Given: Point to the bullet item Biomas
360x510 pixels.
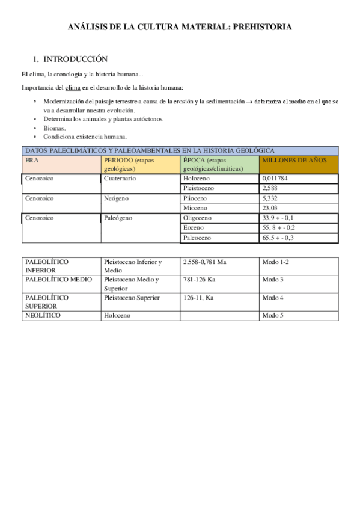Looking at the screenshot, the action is point(55,128).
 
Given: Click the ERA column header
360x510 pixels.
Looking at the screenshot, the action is point(31,161).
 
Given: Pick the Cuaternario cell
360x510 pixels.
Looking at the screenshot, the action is point(120,179).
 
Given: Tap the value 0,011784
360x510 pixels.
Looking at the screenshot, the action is point(277,179).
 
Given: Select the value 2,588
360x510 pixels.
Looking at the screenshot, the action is point(270,188).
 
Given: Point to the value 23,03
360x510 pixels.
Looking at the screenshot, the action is point(270,207).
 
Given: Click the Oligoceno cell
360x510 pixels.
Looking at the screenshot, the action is point(197,217).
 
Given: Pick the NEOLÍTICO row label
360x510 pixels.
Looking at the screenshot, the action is point(43,315).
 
